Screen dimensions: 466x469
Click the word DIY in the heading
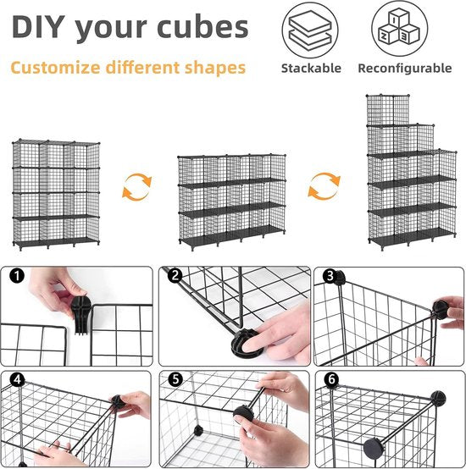38,26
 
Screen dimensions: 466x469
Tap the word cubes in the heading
202,26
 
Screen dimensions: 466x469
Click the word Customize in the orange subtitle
55,68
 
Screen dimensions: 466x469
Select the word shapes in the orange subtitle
215,68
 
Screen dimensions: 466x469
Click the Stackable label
311,69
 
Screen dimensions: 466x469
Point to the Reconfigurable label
405,69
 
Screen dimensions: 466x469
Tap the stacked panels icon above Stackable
310,30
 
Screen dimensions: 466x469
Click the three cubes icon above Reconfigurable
400,29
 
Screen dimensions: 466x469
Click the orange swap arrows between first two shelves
137,187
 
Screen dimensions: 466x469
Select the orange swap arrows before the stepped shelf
325,186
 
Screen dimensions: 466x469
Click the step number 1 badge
17,275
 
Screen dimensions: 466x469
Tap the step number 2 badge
175,275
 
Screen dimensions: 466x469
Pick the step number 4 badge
17,379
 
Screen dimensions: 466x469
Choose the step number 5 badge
175,379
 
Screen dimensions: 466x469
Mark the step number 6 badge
331,379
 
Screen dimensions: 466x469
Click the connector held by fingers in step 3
441,310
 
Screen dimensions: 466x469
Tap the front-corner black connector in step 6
374,449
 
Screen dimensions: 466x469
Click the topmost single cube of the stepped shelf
388,110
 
